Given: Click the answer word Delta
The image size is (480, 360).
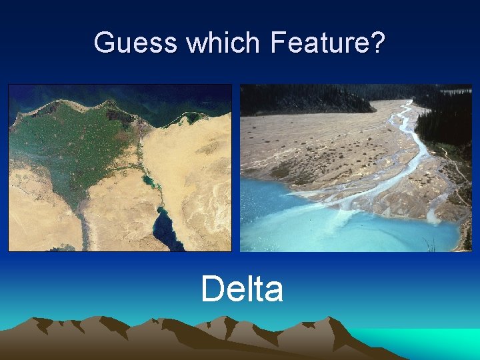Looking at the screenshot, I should (242, 289).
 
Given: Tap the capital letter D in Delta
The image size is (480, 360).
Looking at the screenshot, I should (213, 289).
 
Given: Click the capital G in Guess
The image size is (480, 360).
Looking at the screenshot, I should (105, 43).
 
